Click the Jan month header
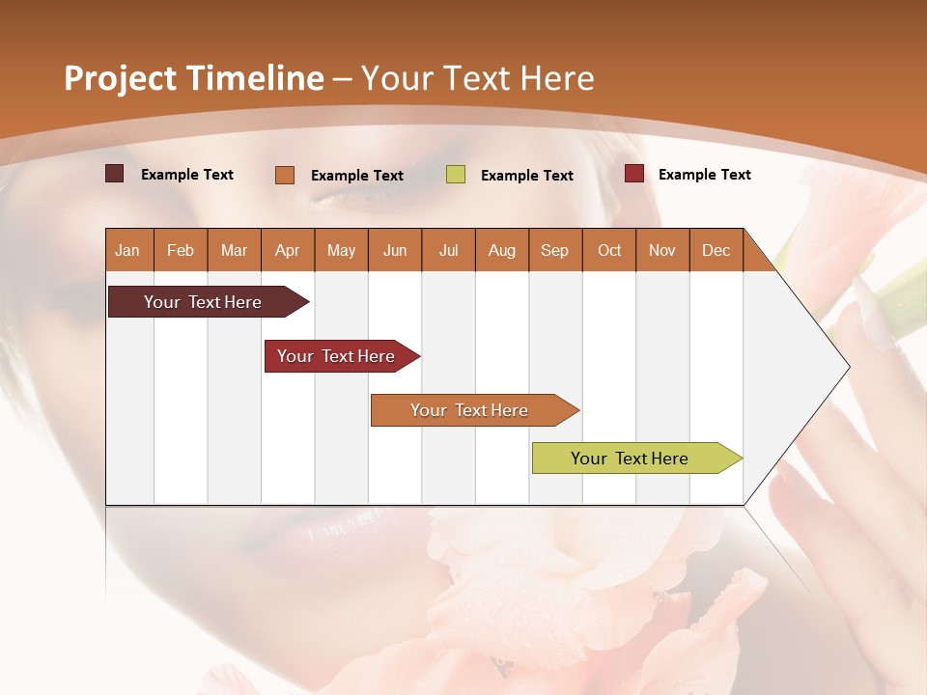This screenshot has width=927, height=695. tap(127, 251)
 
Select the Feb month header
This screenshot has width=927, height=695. tap(181, 251)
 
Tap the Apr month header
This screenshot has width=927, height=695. tap(287, 251)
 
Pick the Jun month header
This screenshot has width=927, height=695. tap(394, 251)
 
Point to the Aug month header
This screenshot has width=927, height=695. tap(501, 251)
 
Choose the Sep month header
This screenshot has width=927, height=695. tap(554, 251)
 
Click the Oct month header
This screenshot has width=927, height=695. tap(608, 251)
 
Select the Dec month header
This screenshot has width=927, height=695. tap(716, 251)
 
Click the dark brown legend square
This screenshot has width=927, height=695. tap(114, 174)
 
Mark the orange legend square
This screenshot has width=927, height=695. tap(285, 175)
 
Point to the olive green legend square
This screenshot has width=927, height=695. tap(456, 175)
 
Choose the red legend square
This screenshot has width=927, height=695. tap(633, 174)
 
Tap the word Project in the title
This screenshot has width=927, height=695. tap(120, 78)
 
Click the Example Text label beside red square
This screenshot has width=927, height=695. tap(704, 175)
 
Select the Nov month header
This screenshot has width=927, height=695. tap(661, 251)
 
